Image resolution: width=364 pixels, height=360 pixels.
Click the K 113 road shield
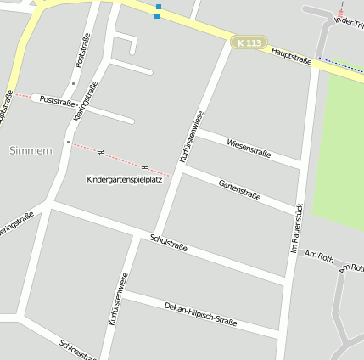[251, 42]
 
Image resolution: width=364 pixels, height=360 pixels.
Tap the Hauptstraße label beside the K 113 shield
[293, 56]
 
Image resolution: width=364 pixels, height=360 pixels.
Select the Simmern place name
[31, 150]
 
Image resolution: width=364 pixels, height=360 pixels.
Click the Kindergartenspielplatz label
[124, 180]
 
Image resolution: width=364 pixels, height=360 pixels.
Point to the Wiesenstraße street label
[249, 147]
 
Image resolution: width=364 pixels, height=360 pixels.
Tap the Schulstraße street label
[167, 244]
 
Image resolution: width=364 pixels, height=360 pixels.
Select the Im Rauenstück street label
[297, 229]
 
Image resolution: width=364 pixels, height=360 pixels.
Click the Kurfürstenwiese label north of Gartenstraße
[192, 137]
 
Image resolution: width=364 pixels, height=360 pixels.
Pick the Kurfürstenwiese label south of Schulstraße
[119, 299]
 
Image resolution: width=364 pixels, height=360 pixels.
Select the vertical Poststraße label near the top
[81, 50]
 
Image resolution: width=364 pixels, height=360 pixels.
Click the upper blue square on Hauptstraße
[157, 7]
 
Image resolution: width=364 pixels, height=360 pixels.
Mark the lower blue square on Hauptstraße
[157, 15]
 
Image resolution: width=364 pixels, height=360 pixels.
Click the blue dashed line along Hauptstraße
[339, 65]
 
